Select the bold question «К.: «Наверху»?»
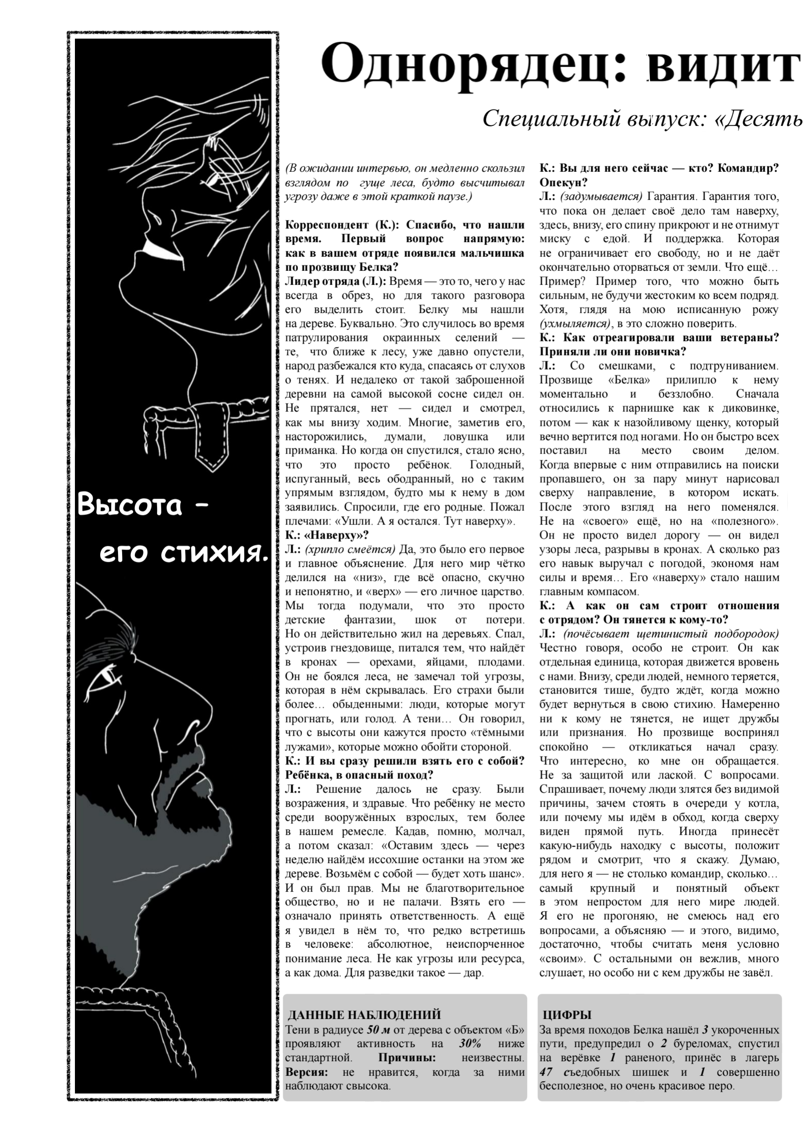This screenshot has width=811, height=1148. pyautogui.click(x=327, y=535)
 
